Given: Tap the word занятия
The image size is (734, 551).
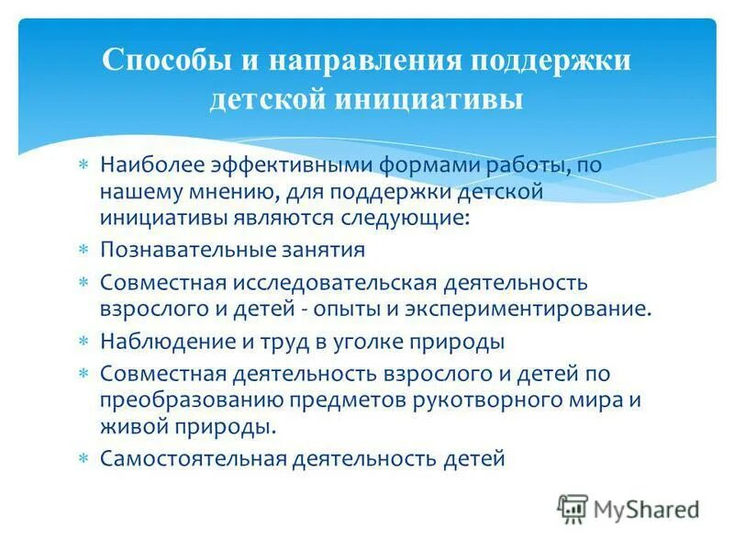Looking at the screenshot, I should click(x=310, y=250).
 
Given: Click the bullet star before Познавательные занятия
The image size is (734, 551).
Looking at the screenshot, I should click(x=83, y=251).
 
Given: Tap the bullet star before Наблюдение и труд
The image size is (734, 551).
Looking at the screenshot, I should click(x=83, y=343).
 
